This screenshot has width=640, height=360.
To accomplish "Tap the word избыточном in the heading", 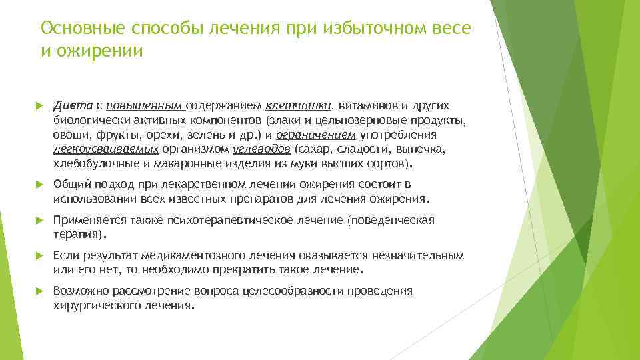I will click(375, 28).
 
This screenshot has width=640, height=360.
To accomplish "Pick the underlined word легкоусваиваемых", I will click(105, 149).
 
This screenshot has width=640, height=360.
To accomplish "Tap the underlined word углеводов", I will click(262, 149).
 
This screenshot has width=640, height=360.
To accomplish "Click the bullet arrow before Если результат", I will click(38, 257).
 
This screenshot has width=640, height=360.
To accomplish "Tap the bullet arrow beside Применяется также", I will click(38, 221).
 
